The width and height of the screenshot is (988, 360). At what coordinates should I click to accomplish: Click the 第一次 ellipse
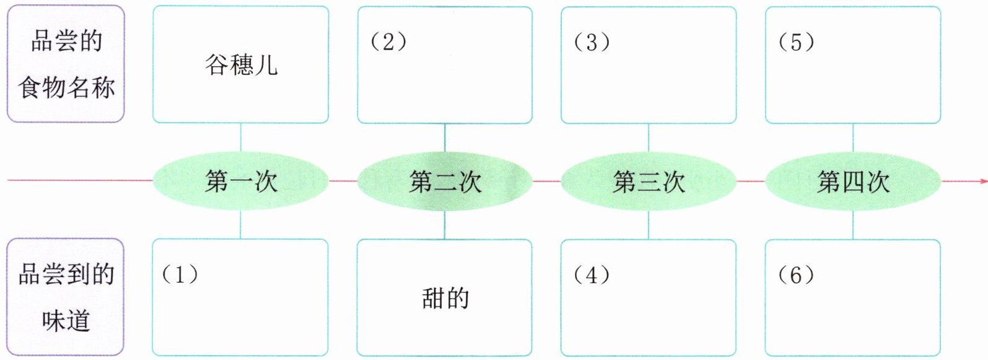point(241,182)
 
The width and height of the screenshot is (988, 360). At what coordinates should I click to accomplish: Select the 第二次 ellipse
point(445,182)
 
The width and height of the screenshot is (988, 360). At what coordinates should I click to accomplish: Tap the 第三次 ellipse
point(649,182)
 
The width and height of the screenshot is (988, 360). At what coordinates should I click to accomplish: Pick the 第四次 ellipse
point(853,182)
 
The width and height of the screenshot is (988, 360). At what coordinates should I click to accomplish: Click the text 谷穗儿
point(241,64)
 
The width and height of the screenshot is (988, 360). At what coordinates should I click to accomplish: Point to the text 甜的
point(445,298)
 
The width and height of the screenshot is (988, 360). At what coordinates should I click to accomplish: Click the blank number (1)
point(180,274)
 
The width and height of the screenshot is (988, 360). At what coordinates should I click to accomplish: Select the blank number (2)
point(388,42)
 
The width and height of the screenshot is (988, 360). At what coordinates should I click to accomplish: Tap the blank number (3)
point(592,42)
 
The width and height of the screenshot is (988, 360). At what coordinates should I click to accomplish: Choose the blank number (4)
point(592,274)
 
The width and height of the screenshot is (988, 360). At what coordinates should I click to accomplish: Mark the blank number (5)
point(796,42)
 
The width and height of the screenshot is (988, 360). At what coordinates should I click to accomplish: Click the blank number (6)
point(796,274)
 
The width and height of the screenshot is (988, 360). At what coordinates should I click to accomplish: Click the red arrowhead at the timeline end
point(983,181)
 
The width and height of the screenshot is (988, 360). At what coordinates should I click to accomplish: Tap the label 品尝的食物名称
point(66,64)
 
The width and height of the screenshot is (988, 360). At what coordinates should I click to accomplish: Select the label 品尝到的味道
point(66,297)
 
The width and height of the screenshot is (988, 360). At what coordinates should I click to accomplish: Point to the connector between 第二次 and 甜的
point(444,225)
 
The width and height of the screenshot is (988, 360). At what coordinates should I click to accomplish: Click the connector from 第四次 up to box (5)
point(853,138)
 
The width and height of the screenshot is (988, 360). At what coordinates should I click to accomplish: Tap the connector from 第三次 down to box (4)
point(649,225)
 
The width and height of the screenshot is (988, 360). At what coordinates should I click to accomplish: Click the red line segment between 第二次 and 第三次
point(546,181)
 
